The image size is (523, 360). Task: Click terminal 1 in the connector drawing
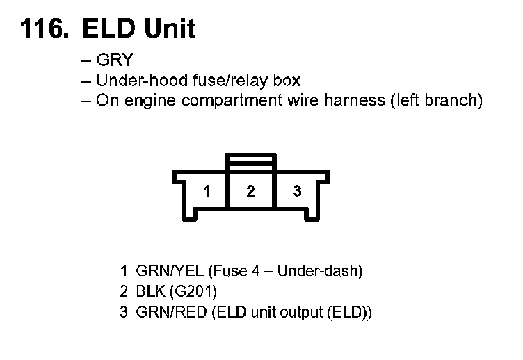click(x=207, y=190)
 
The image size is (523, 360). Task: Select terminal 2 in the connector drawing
click(x=250, y=190)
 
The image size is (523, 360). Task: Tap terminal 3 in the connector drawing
click(x=297, y=190)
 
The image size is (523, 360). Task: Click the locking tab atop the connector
click(x=250, y=162)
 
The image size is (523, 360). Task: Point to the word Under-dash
click(x=317, y=271)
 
